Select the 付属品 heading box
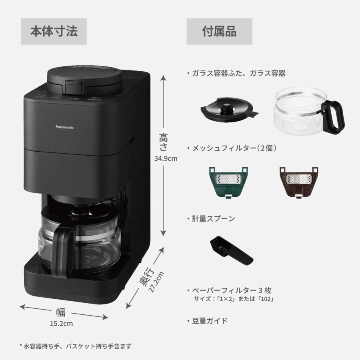tap(219, 31)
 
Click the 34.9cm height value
tap(165, 158)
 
